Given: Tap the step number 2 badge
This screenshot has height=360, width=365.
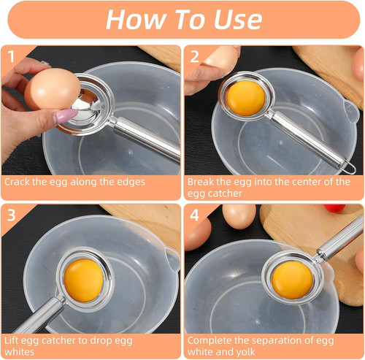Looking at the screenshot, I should (194, 55).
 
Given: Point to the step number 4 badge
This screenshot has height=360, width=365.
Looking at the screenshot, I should (194, 215).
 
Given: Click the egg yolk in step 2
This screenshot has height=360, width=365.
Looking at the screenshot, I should (245, 96).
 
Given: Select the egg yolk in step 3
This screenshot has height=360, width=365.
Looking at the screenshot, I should (85, 279).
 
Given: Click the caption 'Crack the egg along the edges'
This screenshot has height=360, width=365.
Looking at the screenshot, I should (74, 182).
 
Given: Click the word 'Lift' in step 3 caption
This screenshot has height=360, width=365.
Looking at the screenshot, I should (13, 341).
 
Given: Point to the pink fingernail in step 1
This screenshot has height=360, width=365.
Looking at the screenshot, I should (66, 115).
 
